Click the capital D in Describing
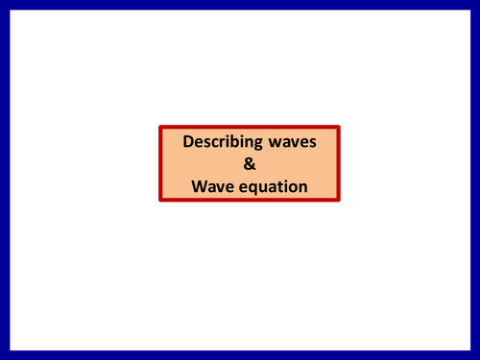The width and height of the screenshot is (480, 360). (x=188, y=142)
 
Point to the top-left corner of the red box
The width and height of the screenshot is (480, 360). (x=160, y=126)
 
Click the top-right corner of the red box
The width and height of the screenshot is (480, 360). (x=339, y=126)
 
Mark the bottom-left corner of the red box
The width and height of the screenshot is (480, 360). (x=160, y=200)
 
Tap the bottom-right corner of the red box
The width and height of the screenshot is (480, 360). (x=339, y=200)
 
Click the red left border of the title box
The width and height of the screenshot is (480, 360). (x=160, y=163)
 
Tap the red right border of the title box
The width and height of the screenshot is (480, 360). (x=339, y=163)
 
